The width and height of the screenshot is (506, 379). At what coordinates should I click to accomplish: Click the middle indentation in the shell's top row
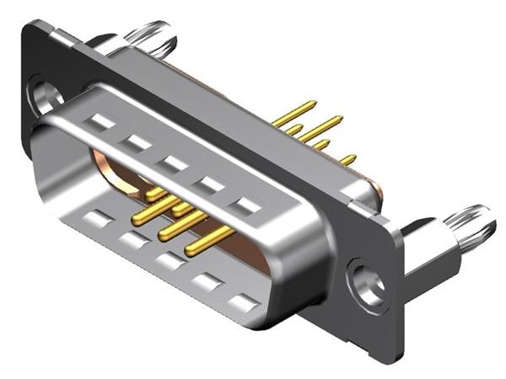point(175,163)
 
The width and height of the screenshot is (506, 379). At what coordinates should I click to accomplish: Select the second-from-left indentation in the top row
point(137,143)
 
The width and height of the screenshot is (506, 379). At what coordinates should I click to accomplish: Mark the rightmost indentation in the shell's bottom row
point(245,301)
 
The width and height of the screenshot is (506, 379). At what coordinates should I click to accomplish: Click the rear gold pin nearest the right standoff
point(347,159)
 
